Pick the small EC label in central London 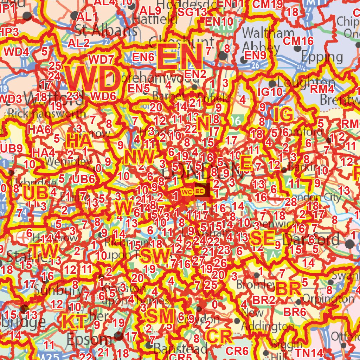pos(199,191)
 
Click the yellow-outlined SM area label pos(160,316)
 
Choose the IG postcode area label pos(283,115)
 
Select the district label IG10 pos(270,92)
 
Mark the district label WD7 pos(101,59)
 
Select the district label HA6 pos(39,129)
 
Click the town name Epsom pos(89,339)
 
